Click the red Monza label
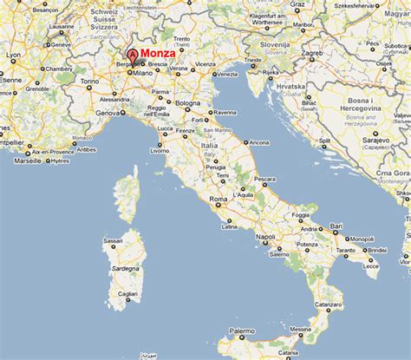click(x=157, y=53)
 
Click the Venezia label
click(x=224, y=74)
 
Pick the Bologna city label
click(x=187, y=103)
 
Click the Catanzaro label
click(x=349, y=304)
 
